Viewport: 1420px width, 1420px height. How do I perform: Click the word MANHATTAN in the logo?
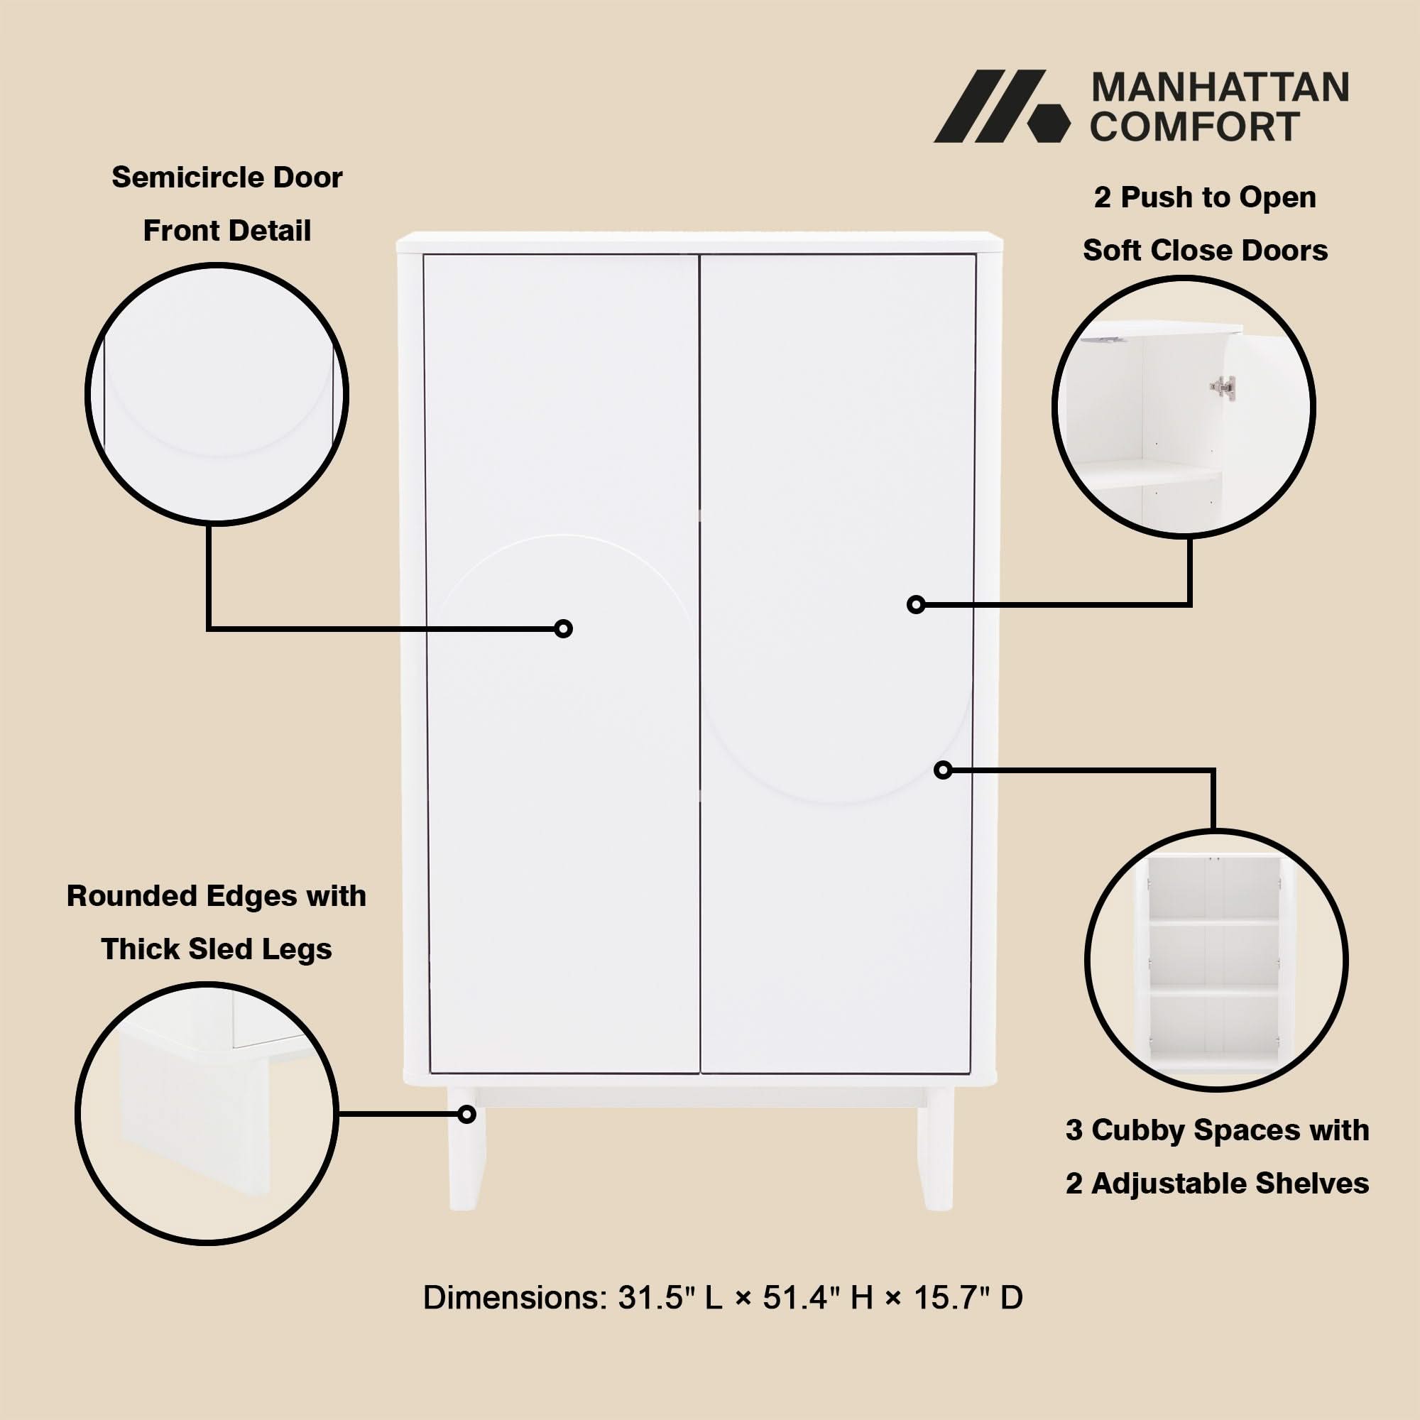click(x=1219, y=87)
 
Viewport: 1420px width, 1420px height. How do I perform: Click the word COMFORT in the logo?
click(x=1194, y=126)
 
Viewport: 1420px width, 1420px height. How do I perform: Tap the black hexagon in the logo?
click(x=1048, y=122)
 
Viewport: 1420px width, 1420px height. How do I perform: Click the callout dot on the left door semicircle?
click(x=563, y=628)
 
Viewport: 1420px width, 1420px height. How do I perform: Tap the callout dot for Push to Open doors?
click(x=916, y=604)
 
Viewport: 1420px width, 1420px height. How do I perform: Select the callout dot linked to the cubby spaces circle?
click(x=943, y=770)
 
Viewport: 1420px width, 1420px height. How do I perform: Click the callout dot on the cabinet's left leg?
click(x=466, y=1115)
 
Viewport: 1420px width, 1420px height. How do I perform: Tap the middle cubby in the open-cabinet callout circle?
click(x=1213, y=954)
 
